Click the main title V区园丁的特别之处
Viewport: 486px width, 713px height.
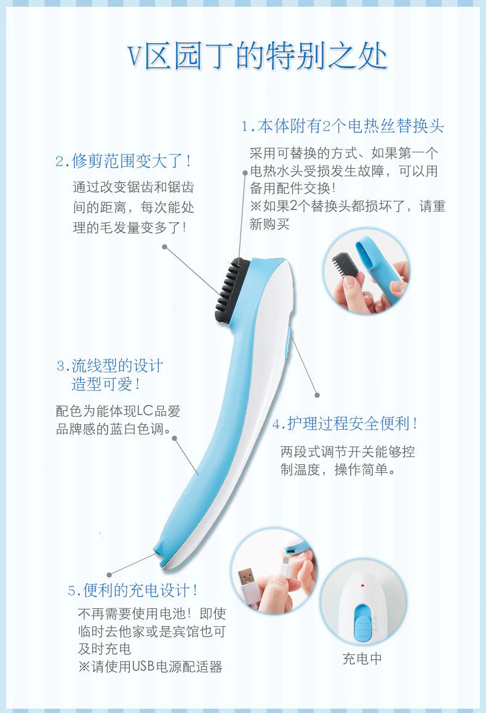(257, 57)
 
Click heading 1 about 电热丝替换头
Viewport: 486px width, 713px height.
(343, 126)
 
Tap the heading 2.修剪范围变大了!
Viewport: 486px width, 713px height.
(124, 161)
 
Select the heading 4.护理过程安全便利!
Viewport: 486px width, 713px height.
(345, 424)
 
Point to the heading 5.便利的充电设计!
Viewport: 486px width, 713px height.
(133, 590)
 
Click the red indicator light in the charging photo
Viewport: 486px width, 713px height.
(362, 585)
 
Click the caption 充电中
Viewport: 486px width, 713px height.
(362, 659)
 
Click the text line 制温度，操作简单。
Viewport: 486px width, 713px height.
(338, 470)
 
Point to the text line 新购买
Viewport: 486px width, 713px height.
(269, 224)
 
